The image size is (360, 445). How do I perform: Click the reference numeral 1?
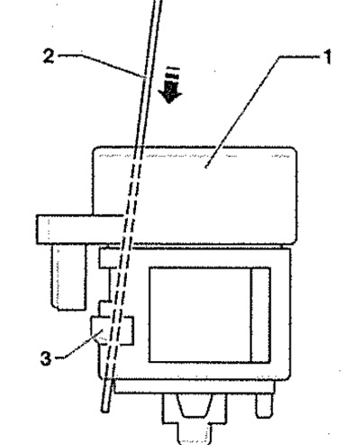pos(328,57)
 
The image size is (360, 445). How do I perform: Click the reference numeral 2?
pos(49,56)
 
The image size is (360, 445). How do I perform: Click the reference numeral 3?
pos(46,359)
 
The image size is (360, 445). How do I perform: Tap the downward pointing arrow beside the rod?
pos(170,85)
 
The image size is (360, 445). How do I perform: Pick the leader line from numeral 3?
pos(81,345)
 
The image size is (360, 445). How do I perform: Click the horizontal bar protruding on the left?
pos(79,229)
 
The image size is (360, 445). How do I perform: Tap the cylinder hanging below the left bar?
pos(68,277)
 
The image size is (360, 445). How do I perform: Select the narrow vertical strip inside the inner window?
pos(260,314)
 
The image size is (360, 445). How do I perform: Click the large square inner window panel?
pos(200,314)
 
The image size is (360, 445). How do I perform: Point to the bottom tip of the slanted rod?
pos(105,410)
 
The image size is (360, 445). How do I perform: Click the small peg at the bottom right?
pos(265,405)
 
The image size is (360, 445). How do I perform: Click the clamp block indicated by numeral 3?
pos(112,331)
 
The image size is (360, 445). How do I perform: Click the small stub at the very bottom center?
pos(193,433)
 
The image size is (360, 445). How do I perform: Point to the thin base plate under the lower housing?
pos(194,386)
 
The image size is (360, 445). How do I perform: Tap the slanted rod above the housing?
pos(148,74)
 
